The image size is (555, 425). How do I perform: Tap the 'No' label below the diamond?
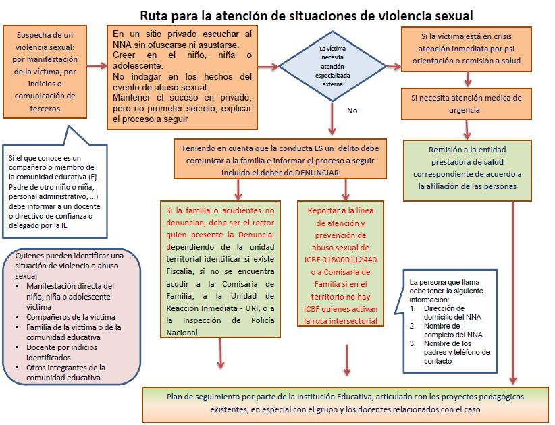coord(352,110)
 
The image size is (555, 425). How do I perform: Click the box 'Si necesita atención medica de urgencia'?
coord(465,103)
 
